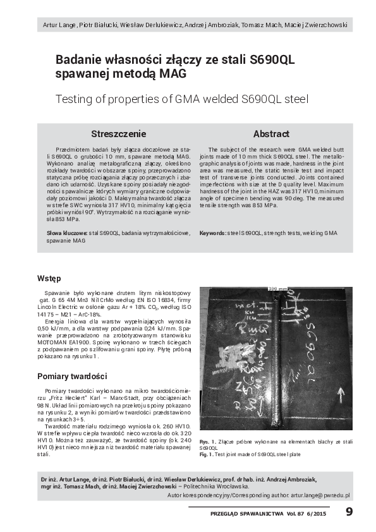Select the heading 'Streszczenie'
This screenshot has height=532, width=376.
click(118, 134)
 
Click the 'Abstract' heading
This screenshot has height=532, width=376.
click(271, 134)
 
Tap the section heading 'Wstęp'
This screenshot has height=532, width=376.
click(49, 278)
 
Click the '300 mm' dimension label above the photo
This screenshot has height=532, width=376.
click(277, 289)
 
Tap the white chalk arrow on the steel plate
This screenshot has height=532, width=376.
click(341, 395)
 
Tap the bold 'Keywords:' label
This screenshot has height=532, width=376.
click(213, 233)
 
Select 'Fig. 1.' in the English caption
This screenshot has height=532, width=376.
click(207, 454)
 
